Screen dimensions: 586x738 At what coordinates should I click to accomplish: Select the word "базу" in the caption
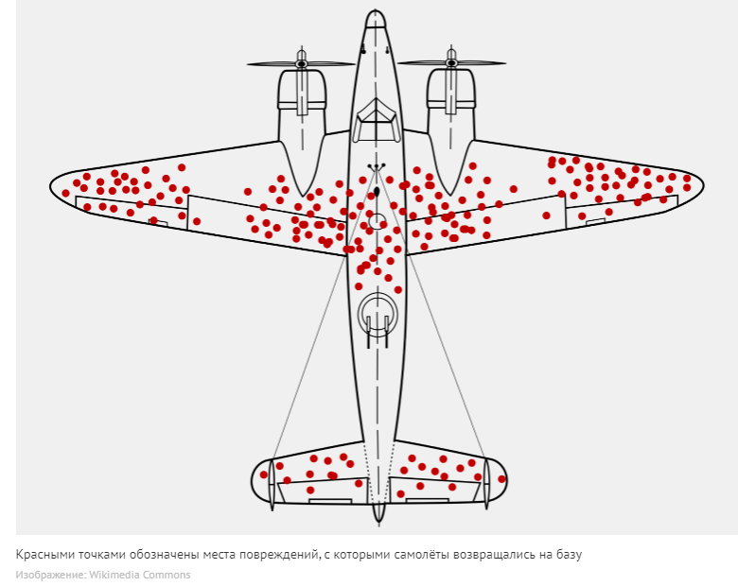point(565,555)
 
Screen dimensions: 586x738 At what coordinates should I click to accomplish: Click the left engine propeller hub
point(302,64)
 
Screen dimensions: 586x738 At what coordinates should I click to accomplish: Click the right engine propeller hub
point(451,64)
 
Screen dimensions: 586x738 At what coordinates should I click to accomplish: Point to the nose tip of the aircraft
point(377,13)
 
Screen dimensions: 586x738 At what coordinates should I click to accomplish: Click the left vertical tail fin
point(272,483)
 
